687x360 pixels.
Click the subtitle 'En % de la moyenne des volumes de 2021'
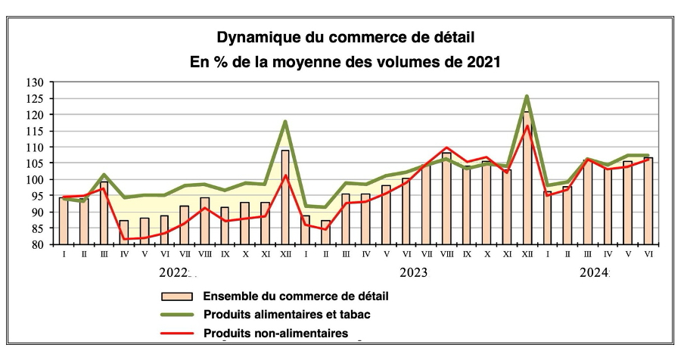pos(344,63)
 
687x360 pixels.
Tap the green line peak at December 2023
pos(526,96)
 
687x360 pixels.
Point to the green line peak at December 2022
pos(285,121)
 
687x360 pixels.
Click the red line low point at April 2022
pos(124,239)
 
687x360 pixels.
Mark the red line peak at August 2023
pos(446,147)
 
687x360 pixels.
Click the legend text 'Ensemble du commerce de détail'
pos(288,296)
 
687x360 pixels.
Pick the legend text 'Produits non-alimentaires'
pos(275,333)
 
